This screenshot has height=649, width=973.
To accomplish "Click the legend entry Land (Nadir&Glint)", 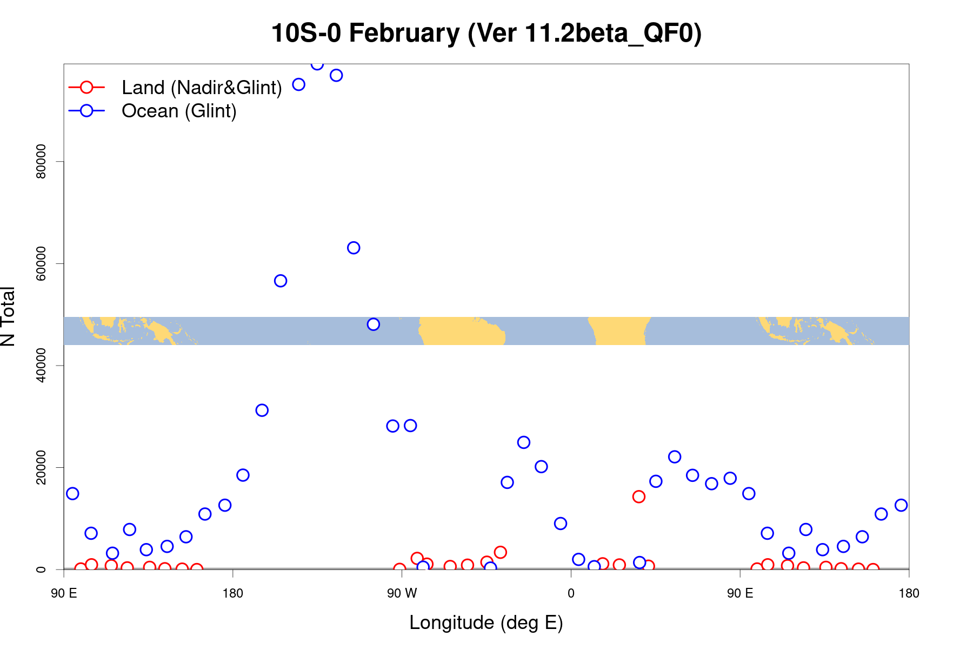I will coord(201,88).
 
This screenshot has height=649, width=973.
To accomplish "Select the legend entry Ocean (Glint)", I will coord(179,111).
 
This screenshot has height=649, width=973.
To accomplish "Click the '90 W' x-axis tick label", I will coord(402,593).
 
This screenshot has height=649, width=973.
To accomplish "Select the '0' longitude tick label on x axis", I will coord(571,593).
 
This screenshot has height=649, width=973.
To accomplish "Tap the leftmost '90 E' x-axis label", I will coord(64,593).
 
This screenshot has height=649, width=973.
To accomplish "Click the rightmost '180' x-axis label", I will coord(909,593).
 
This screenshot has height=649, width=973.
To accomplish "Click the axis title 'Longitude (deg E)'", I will coord(486,622).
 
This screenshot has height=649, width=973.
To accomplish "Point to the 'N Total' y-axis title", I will coord(9,316).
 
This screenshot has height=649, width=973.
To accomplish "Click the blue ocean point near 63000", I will coord(354,248).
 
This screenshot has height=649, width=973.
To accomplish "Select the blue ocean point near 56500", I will coord(281,281).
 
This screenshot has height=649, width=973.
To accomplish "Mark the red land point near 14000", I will coord(639,496).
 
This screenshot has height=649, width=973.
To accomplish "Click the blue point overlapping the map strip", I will coord(374,325).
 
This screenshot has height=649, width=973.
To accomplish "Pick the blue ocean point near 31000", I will coord(262,410).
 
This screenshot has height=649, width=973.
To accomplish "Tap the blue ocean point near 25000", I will coord(524,442).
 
